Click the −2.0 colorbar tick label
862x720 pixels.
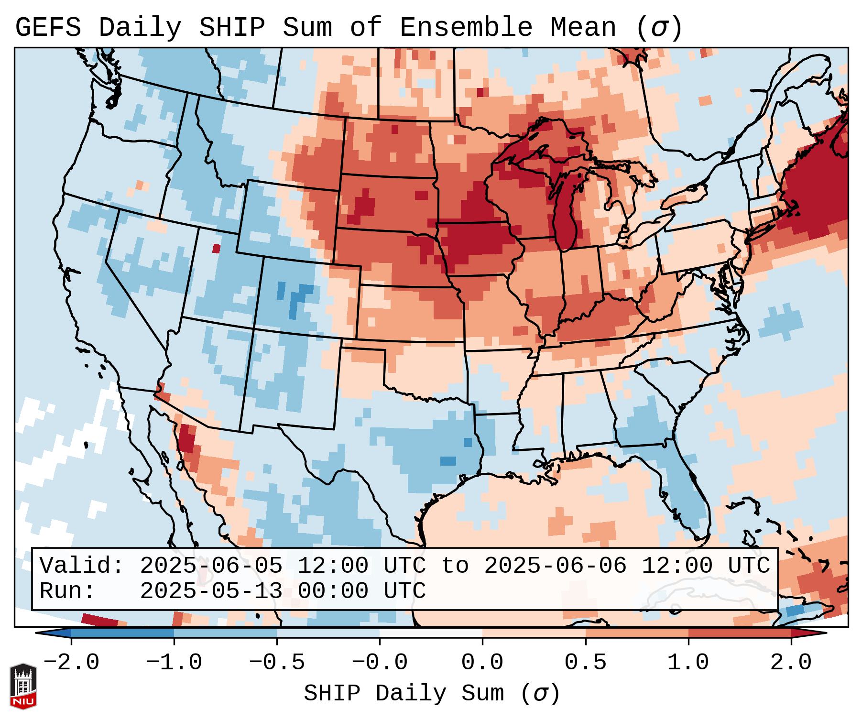[x=71, y=663]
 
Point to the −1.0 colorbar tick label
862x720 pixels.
[x=174, y=663]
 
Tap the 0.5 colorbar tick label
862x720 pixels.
[x=586, y=663]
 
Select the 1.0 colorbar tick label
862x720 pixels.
[x=688, y=663]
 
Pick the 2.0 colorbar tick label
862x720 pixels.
[x=791, y=663]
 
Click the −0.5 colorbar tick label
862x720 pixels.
[x=277, y=663]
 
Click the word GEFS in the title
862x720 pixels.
[x=48, y=28]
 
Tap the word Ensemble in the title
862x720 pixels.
[x=466, y=28]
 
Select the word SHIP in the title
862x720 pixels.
[x=231, y=28]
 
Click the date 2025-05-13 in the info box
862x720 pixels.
[x=211, y=591]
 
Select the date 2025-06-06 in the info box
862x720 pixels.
[x=555, y=566]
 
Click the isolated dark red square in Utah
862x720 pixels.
[x=217, y=249]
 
